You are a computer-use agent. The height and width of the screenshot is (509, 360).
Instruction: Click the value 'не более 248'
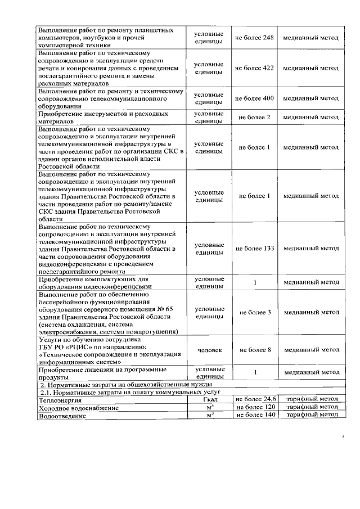[254, 38]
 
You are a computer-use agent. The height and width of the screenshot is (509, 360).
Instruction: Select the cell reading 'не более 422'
[254, 67]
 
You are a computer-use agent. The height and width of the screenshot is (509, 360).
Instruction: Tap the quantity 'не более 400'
[254, 98]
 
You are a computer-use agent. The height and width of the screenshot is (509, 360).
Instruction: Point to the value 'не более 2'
[254, 117]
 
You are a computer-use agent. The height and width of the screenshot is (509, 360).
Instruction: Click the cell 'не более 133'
[254, 248]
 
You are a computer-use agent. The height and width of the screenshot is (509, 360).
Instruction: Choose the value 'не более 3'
[254, 312]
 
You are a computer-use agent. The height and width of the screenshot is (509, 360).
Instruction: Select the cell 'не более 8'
[254, 350]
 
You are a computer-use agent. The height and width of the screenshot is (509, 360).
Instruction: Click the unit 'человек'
[209, 350]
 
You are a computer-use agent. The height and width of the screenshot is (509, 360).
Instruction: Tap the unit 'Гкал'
[209, 399]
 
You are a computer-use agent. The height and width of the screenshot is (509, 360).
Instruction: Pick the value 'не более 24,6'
[254, 399]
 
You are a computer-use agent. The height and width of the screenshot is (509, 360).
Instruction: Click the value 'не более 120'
[254, 407]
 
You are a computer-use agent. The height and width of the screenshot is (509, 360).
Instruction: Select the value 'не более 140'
[254, 415]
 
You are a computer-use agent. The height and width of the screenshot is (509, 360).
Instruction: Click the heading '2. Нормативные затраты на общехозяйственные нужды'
[122, 384]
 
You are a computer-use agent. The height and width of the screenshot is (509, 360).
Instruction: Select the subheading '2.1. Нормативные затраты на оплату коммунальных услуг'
[129, 391]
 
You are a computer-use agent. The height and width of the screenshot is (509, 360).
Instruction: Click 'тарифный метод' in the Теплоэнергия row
[311, 399]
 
